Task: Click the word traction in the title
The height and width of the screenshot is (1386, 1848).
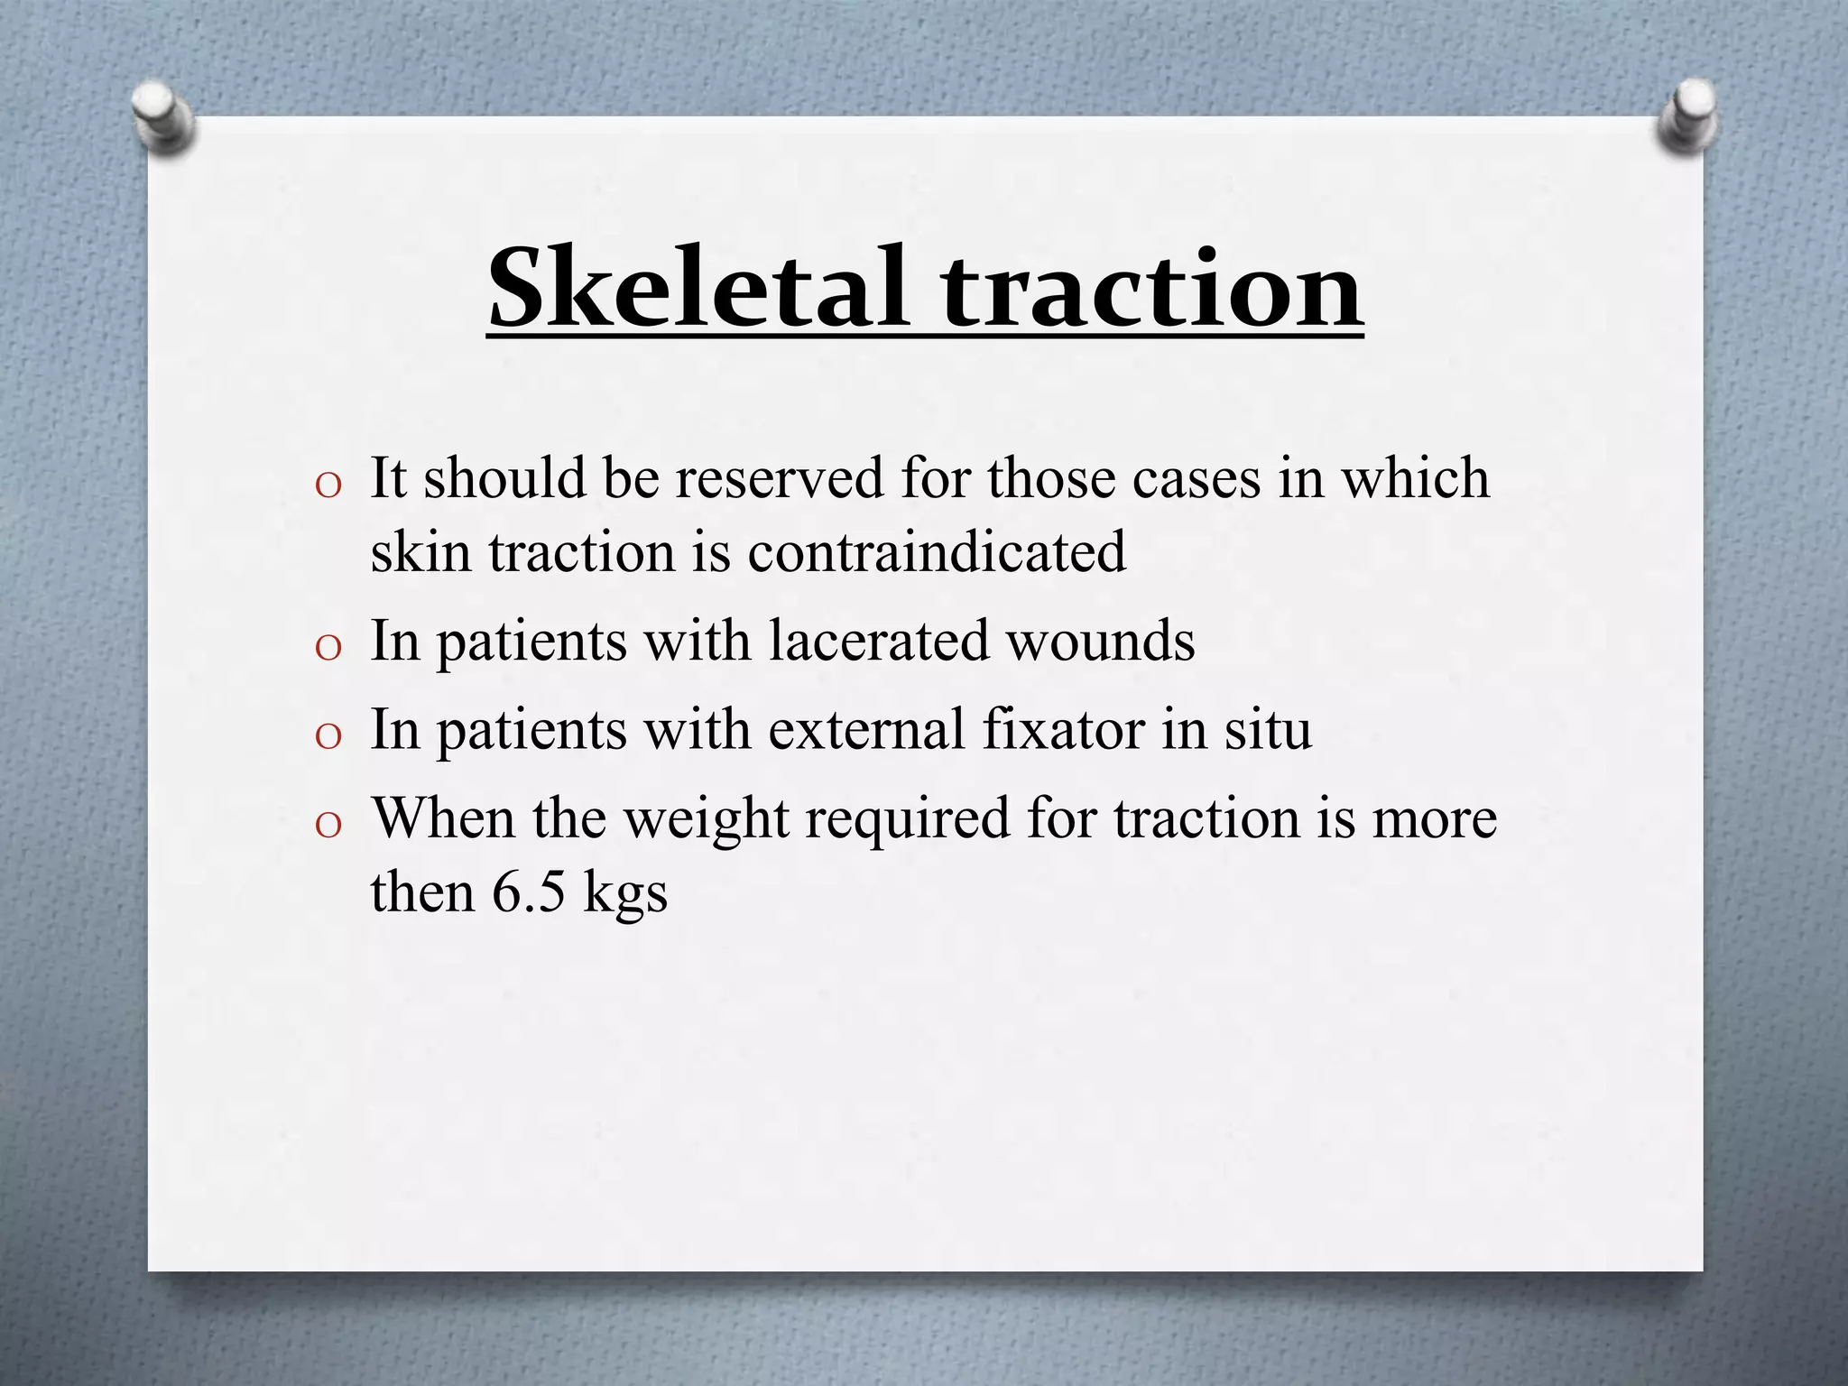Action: (1151, 287)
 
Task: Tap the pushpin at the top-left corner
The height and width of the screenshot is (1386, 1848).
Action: (162, 116)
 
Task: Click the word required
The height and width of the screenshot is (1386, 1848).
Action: (908, 819)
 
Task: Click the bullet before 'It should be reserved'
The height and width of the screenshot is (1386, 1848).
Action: (328, 485)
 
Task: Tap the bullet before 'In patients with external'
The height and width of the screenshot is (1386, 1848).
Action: (328, 736)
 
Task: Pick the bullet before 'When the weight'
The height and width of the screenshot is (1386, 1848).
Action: (328, 826)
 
